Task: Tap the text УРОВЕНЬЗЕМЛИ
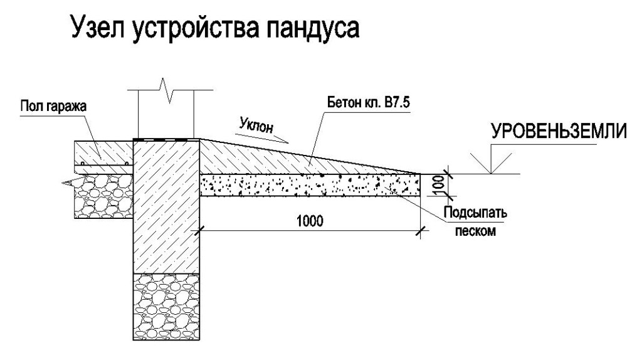tap(557, 132)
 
